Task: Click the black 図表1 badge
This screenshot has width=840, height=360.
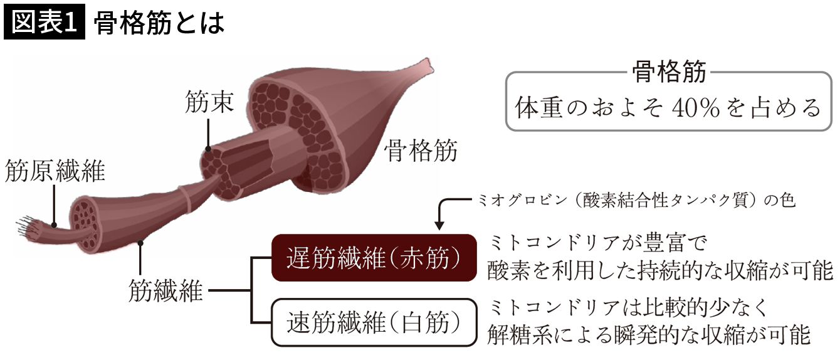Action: [43, 23]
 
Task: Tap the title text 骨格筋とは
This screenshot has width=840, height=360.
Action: [159, 23]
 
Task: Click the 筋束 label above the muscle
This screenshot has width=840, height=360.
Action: [209, 101]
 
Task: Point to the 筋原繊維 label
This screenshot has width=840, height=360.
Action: [55, 170]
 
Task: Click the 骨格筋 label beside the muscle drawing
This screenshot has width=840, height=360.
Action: [421, 151]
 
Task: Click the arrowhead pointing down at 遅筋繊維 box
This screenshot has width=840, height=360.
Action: [439, 223]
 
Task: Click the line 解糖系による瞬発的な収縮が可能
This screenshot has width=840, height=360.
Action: [649, 336]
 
